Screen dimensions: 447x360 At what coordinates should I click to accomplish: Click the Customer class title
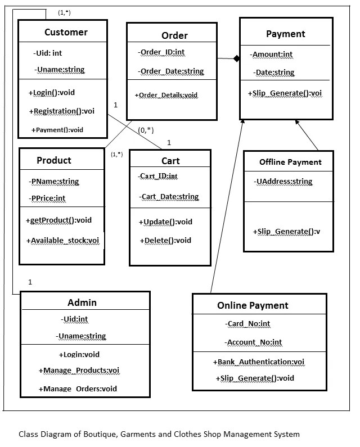(x=66, y=32)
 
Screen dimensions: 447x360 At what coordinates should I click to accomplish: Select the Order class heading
(x=174, y=35)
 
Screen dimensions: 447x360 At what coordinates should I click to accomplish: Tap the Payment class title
(x=285, y=34)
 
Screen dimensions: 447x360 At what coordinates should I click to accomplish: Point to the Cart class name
(x=170, y=161)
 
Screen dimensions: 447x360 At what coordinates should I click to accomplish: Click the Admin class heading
(x=82, y=302)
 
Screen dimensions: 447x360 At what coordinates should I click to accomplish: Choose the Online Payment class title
(x=253, y=305)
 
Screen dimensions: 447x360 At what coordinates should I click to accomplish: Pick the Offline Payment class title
(x=290, y=162)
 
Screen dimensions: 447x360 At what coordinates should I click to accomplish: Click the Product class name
(x=54, y=160)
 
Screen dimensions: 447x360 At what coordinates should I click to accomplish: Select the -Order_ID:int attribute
(x=161, y=52)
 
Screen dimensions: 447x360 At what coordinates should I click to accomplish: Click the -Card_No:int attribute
(x=248, y=324)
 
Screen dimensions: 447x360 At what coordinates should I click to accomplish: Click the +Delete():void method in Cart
(x=165, y=241)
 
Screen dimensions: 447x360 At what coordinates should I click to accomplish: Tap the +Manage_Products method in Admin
(x=79, y=371)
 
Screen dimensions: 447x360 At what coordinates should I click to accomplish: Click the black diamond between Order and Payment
(x=236, y=58)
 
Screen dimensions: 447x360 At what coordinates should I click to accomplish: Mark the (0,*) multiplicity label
(x=146, y=130)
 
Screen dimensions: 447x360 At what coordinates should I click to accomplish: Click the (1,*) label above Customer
(x=64, y=12)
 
